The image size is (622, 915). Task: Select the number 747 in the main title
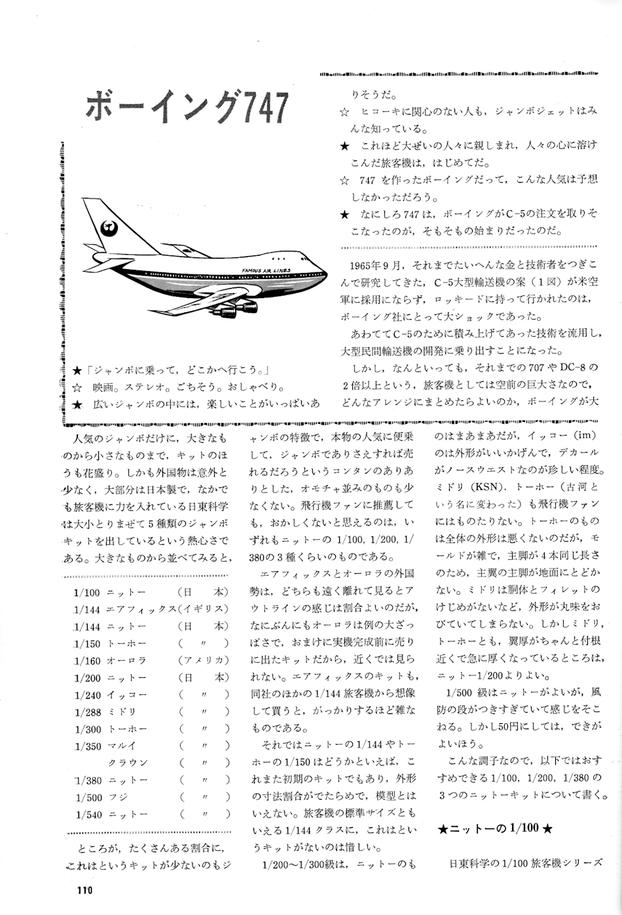262,107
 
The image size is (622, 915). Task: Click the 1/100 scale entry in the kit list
86,592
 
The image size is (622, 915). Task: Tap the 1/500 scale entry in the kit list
88,797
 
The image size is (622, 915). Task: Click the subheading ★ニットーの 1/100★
495,829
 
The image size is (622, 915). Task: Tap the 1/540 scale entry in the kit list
88,814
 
